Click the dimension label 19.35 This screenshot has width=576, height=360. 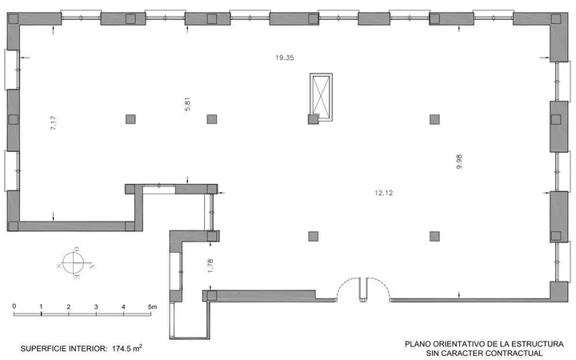coord(285,58)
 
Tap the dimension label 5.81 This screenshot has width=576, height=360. coord(187,104)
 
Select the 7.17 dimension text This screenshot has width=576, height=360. coord(54,123)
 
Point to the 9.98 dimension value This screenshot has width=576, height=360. coord(459,162)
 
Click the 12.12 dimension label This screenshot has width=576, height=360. coord(384,193)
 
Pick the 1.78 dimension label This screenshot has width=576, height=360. coord(210,266)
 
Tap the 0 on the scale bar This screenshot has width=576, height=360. coord(14,306)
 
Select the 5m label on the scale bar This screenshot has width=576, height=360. coord(153,306)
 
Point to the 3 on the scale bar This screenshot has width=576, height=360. coord(96,306)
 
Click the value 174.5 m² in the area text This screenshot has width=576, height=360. coord(127,348)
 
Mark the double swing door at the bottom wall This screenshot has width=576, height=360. coord(363,290)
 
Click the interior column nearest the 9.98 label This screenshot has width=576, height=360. coord(434,119)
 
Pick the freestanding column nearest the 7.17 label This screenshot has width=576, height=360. coord(130,119)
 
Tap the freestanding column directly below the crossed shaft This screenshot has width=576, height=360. coord(314,236)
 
